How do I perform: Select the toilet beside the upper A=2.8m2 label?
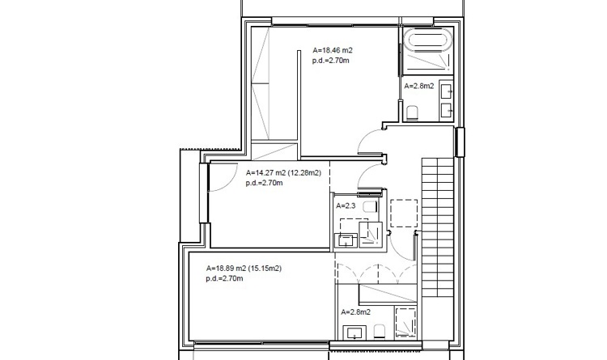pos(412,111)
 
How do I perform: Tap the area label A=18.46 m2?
pos(332,50)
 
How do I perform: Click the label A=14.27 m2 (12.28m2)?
pos(283,173)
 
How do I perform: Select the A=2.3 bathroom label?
pos(345,207)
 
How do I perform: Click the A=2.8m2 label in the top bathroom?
pos(419,86)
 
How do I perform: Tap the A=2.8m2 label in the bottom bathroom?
pos(355,312)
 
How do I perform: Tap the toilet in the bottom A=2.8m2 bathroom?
pos(378,330)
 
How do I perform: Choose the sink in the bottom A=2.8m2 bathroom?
pos(354,332)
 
